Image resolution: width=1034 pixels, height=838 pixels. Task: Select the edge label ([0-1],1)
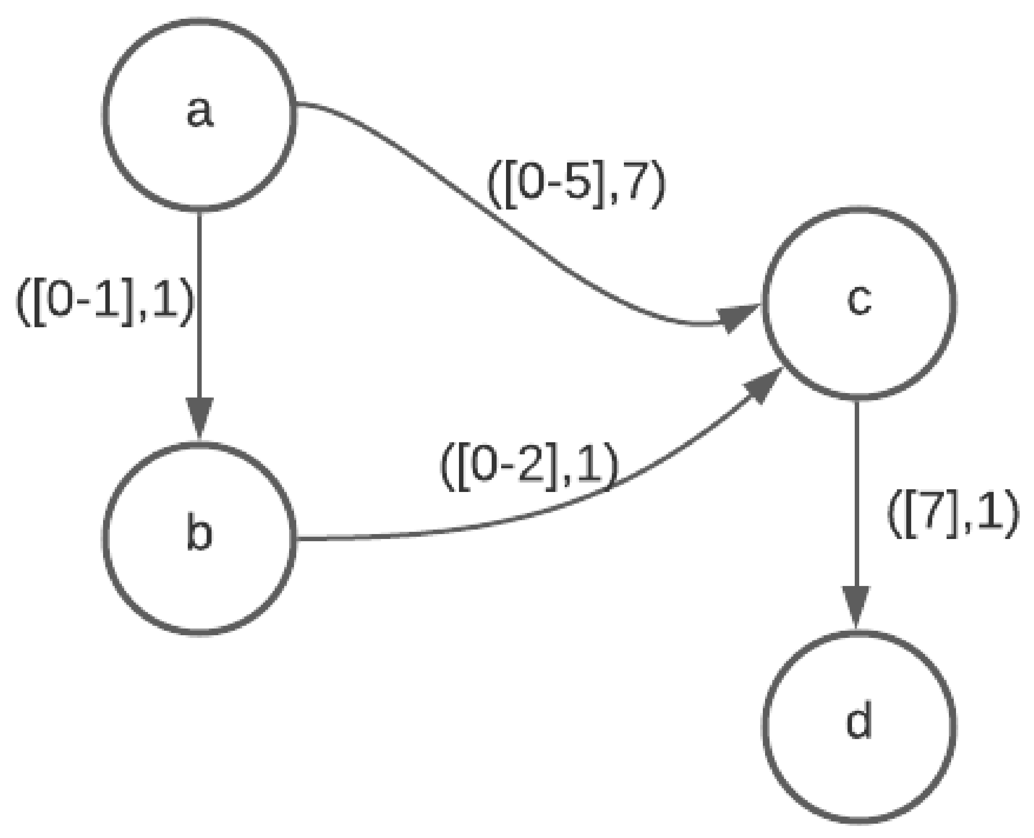105,304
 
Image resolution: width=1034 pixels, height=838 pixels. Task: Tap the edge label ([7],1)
953,516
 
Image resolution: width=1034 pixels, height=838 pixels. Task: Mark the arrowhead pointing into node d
856,606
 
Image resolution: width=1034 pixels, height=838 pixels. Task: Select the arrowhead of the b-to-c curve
762,386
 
